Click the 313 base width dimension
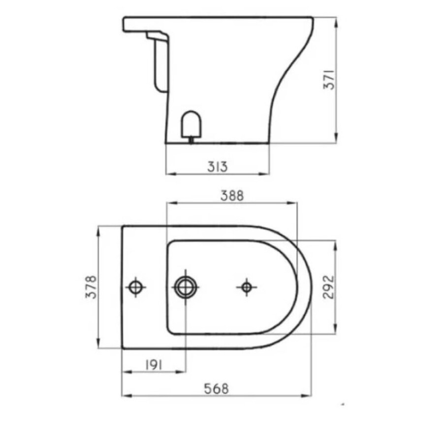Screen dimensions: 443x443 [x=217, y=167]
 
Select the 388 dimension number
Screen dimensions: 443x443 [x=232, y=195]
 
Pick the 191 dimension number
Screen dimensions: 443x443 [x=154, y=364]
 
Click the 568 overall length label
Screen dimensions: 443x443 [x=217, y=388]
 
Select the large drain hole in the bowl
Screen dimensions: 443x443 [x=186, y=286]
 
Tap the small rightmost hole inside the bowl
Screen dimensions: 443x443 [x=246, y=286]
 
